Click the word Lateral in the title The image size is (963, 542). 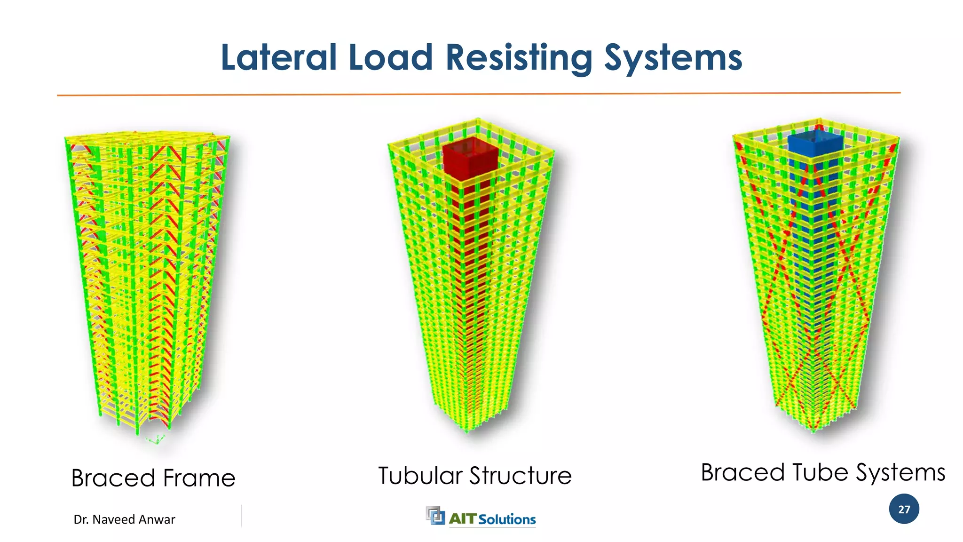[279, 57]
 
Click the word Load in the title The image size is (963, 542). [390, 57]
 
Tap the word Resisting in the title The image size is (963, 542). [519, 57]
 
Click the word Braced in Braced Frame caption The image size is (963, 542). [113, 478]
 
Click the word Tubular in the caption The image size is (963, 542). [420, 476]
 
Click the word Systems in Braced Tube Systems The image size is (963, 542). [900, 473]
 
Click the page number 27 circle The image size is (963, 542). [904, 509]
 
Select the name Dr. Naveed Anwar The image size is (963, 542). [124, 519]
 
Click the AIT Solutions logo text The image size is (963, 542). [492, 519]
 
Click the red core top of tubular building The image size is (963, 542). [470, 155]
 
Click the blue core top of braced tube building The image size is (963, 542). [815, 143]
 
